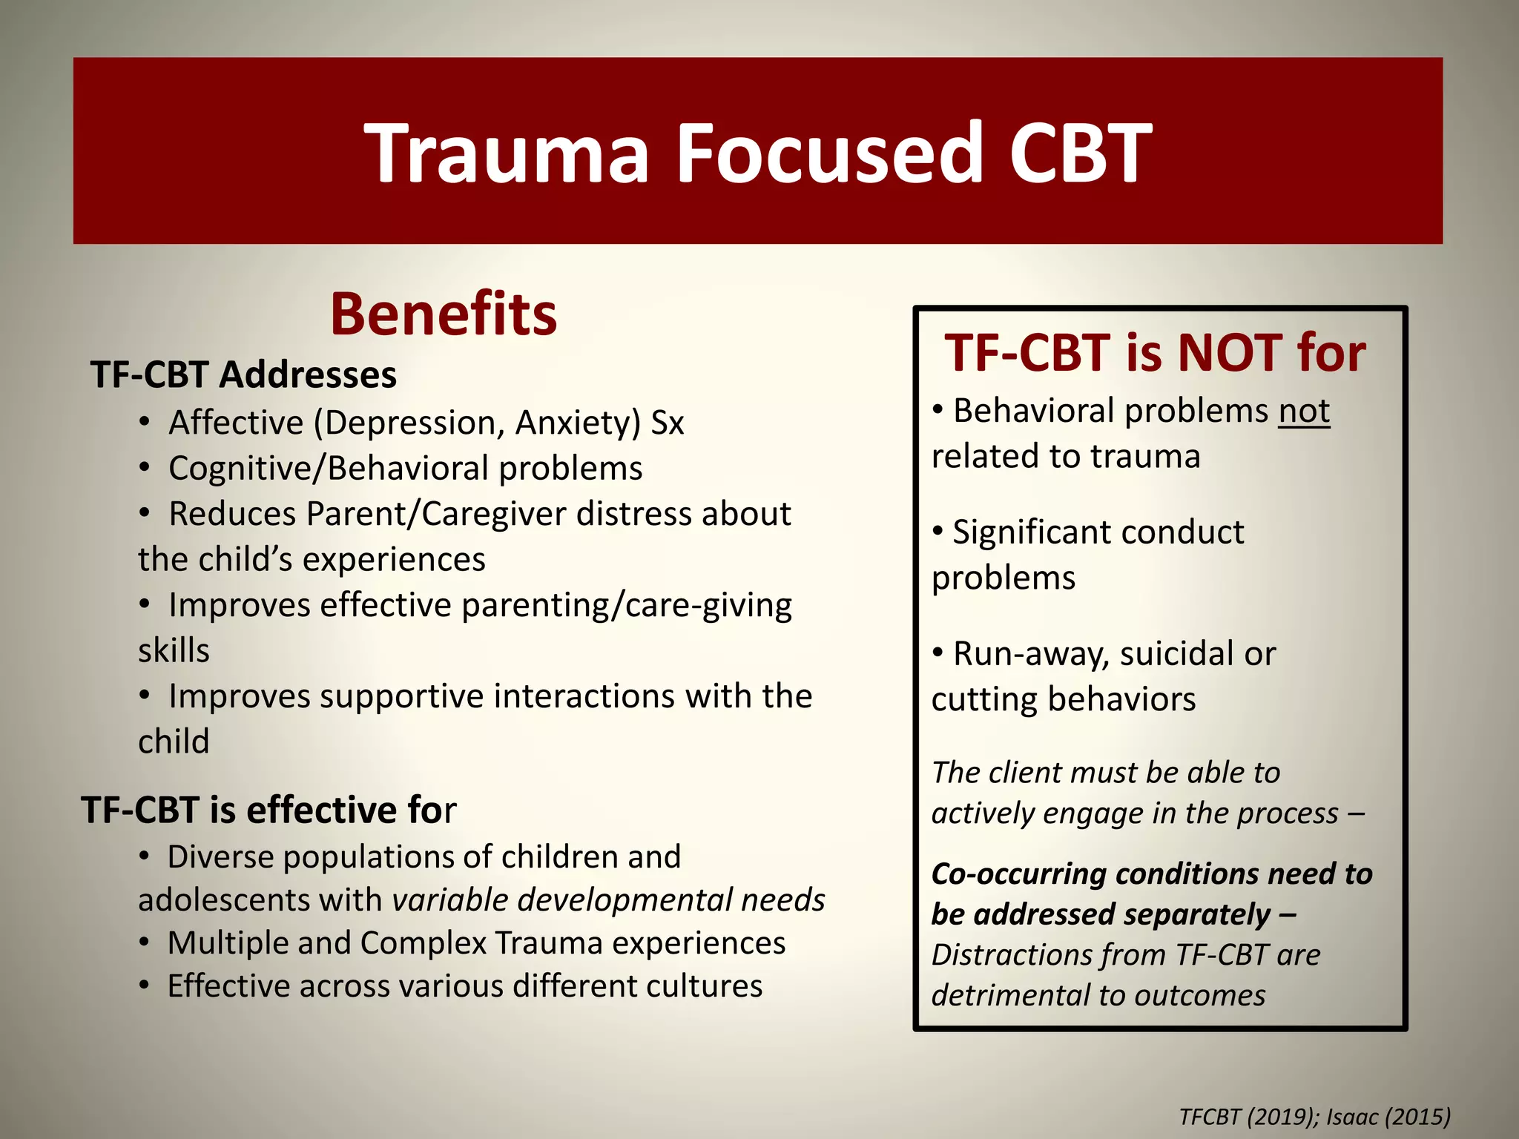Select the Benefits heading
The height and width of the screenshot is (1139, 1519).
point(443,314)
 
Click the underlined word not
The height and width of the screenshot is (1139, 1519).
point(1303,411)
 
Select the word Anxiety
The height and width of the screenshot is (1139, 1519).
point(577,423)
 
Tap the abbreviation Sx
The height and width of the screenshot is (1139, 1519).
point(667,423)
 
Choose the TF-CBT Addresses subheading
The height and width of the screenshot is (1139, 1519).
point(243,374)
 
